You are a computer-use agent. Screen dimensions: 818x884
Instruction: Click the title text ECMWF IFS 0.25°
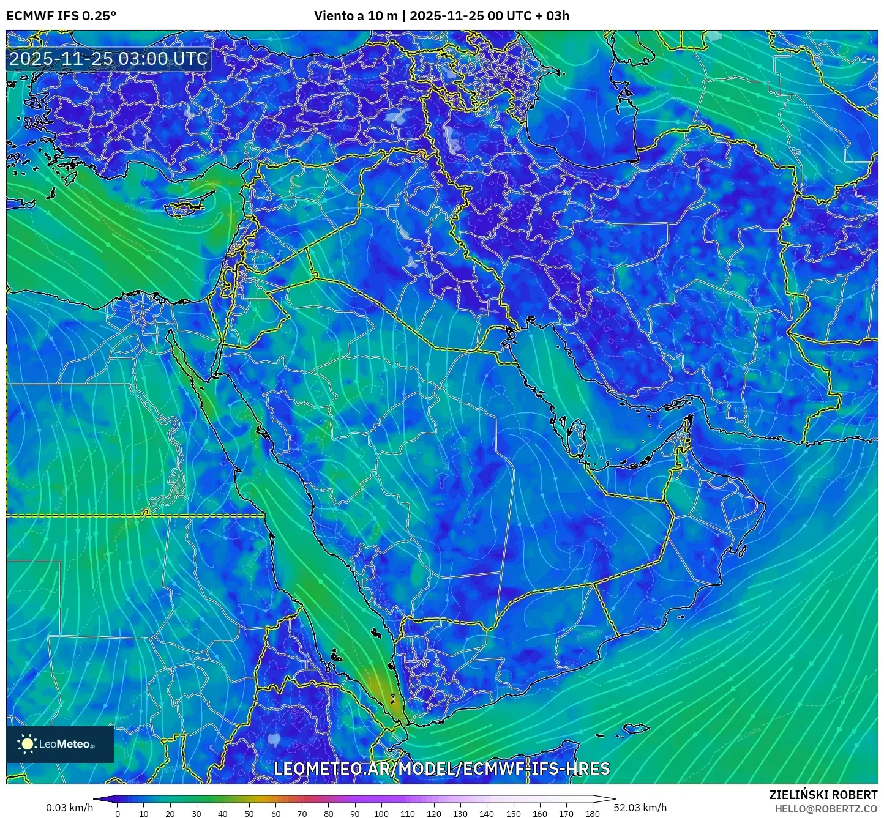(x=61, y=16)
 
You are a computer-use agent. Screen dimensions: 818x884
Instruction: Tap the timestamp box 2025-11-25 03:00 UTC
(x=108, y=59)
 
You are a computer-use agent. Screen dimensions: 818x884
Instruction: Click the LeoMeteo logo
(x=59, y=744)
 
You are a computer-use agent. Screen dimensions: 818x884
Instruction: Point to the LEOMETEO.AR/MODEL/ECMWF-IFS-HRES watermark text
(x=441, y=768)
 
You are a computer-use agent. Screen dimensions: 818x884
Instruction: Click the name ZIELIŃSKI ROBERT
(x=823, y=795)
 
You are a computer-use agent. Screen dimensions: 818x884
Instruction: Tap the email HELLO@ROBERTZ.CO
(x=826, y=809)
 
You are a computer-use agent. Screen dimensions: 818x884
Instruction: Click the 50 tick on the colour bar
(x=249, y=813)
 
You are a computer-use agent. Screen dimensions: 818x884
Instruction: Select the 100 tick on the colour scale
(x=381, y=813)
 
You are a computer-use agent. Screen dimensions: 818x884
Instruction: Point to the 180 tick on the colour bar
(x=592, y=813)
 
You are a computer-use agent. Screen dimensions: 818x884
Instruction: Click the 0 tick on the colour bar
(x=118, y=813)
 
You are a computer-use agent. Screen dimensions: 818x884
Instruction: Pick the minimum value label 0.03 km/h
(x=69, y=808)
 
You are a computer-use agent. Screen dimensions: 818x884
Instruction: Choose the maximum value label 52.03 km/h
(x=640, y=808)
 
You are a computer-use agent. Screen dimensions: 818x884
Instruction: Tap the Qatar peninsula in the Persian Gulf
(x=575, y=436)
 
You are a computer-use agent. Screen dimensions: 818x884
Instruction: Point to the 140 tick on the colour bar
(x=487, y=813)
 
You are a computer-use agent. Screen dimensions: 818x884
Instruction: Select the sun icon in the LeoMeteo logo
(x=27, y=744)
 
